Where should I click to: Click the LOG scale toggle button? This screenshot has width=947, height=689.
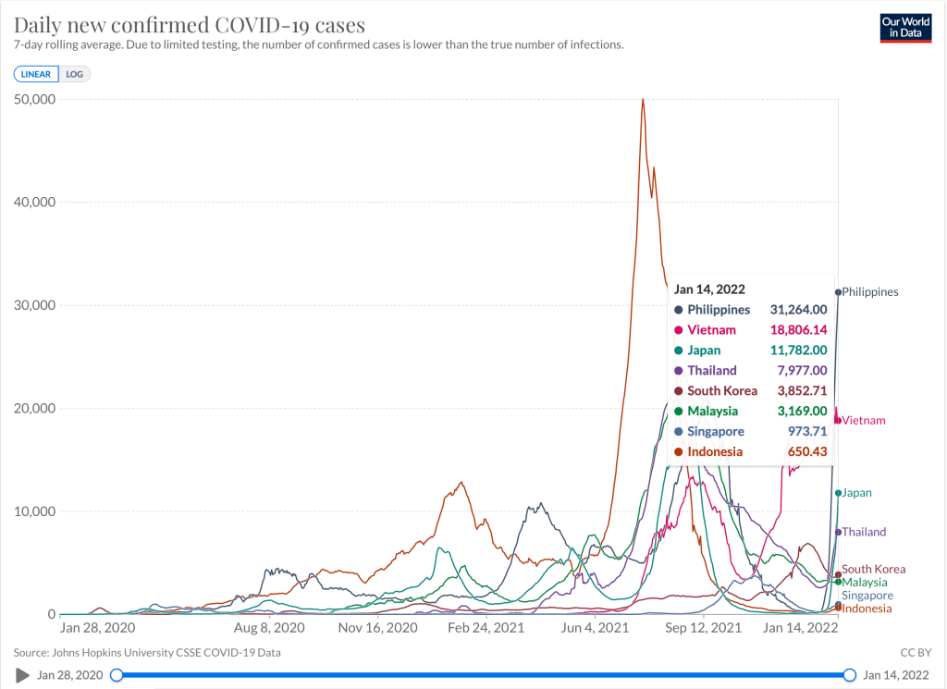coord(75,74)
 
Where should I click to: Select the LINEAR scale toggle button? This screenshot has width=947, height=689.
coord(36,74)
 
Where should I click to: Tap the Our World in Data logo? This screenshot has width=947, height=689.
coord(905,28)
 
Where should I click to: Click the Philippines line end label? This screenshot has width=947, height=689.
coord(870,292)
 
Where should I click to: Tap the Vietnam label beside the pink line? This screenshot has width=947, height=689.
coord(864,421)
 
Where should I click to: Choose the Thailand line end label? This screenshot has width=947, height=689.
coord(864,532)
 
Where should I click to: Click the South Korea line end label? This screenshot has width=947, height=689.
coord(874,570)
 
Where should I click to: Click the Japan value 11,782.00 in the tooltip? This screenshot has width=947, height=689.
coord(797,351)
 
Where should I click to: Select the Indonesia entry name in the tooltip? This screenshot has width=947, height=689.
coord(715,451)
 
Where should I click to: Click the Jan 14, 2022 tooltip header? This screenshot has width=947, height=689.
coord(709,289)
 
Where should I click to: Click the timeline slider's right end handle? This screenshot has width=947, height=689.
coord(850,675)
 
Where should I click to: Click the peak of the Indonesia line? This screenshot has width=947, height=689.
coord(643,99)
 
